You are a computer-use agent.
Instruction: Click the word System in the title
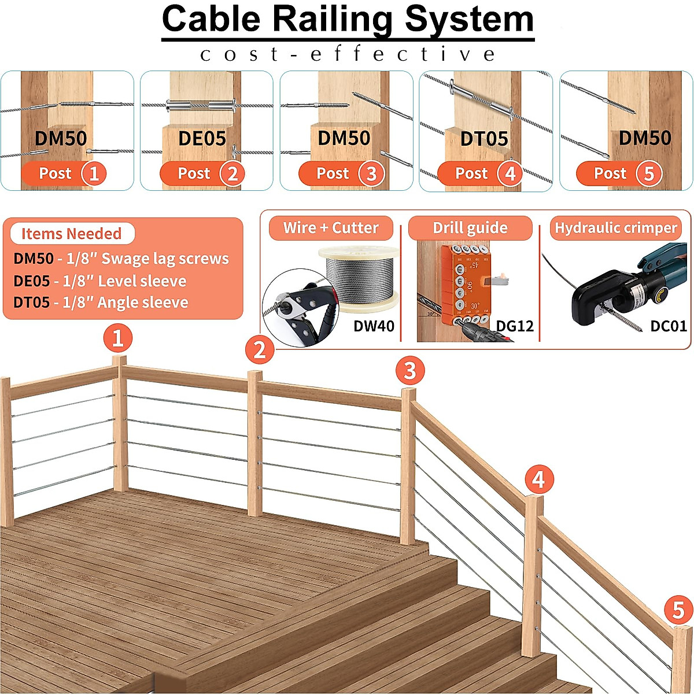[x=468, y=19]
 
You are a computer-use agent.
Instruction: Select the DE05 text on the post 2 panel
[x=202, y=139]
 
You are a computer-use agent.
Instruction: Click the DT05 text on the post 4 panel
[x=484, y=139]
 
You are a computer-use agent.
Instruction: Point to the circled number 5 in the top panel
[x=648, y=173]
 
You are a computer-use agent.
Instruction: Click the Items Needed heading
[x=71, y=234]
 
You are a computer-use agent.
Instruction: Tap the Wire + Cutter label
[x=331, y=228]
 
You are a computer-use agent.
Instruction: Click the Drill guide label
[x=470, y=228]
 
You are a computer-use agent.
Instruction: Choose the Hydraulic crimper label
[x=615, y=228]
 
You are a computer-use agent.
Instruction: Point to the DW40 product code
[x=374, y=326]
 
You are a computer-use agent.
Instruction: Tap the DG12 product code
[x=515, y=326]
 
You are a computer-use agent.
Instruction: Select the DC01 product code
[x=668, y=326]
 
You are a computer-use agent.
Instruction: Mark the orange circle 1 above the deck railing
[x=117, y=338]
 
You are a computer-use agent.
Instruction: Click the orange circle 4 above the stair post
[x=538, y=479]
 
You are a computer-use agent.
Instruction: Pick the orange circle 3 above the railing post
[x=410, y=370]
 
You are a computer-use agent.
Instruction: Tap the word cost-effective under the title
[x=347, y=54]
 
